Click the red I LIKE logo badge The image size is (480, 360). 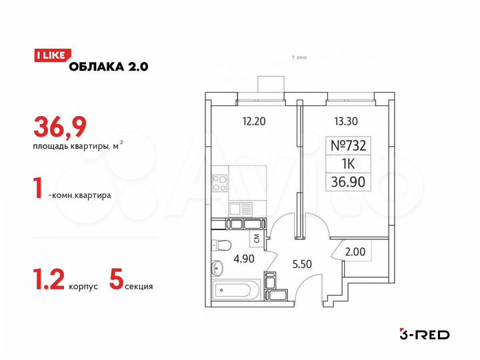tap(49, 56)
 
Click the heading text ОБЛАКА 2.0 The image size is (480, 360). tap(108, 65)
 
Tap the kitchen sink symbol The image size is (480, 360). tap(239, 208)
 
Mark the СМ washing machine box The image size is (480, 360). tap(256, 237)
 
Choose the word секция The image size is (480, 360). tap(139, 287)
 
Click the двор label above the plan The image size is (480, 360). tap(299, 59)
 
